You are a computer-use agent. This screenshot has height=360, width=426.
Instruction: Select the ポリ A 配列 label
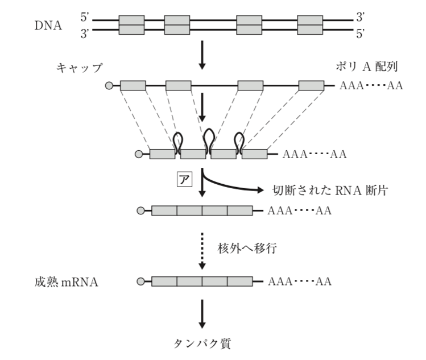tap(366, 68)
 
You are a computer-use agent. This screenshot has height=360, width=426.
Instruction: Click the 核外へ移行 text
tap(244, 249)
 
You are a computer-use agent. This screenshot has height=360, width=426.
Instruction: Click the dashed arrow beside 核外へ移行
tap(202, 249)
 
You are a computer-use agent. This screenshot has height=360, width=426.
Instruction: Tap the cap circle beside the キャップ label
tap(110, 86)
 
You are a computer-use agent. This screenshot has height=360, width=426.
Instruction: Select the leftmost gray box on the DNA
tap(131, 26)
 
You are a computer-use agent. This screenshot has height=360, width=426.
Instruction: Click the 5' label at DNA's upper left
tap(85, 18)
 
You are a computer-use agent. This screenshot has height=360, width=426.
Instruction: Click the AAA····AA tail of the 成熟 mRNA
tap(299, 281)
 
